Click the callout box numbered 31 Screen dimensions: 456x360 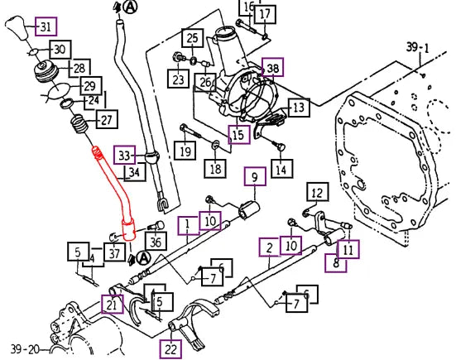(46, 26)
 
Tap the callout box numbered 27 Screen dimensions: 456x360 (107, 119)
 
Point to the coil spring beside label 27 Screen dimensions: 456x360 (79, 124)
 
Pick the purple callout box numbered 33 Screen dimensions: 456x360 (125, 155)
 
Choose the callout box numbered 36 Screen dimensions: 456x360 (156, 241)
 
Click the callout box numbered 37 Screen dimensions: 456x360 (114, 252)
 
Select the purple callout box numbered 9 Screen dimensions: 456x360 (255, 176)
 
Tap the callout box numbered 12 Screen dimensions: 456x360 (318, 192)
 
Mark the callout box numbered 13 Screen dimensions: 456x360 (299, 108)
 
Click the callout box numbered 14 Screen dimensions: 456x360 (281, 169)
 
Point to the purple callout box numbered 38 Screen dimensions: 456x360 (273, 68)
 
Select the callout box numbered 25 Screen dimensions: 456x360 (193, 38)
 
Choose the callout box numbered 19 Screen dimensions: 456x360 (185, 151)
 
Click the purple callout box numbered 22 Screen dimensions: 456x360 (170, 348)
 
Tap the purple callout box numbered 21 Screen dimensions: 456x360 (113, 305)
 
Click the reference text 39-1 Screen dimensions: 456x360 (418, 48)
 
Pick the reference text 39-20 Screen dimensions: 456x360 (25, 349)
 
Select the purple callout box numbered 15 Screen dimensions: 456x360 (239, 134)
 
